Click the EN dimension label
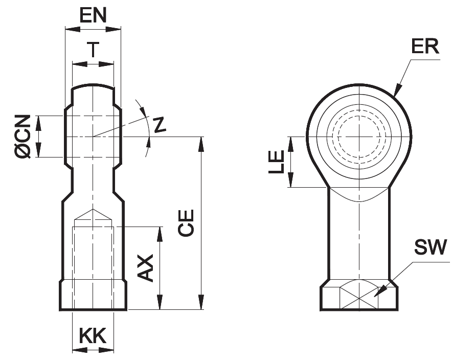click(x=93, y=15)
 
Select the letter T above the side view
click(x=93, y=50)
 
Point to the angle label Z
click(x=160, y=125)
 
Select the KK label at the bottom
click(x=93, y=336)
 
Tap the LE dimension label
click(x=277, y=162)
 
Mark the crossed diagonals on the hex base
click(x=359, y=297)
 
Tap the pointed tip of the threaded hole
click(x=93, y=209)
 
